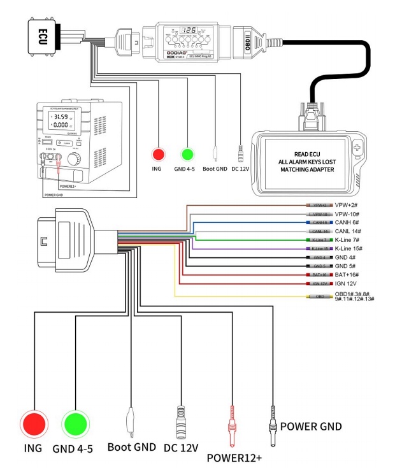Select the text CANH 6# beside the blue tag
[347, 222]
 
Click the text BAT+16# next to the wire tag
[348, 274]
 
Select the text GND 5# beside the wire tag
[345, 265]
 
